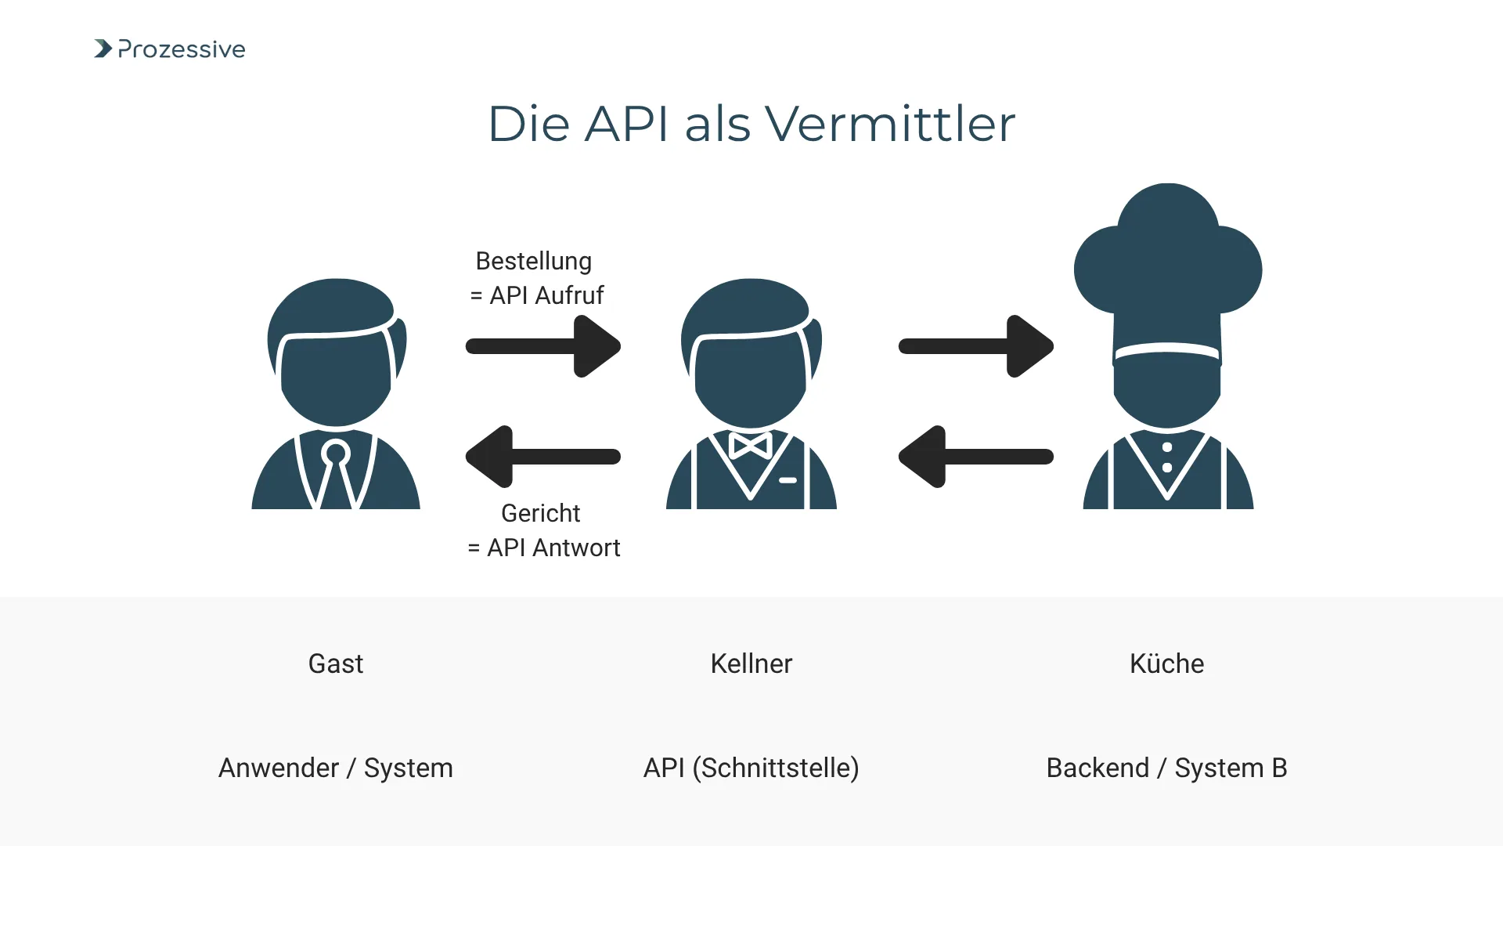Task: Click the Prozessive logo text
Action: pyautogui.click(x=181, y=49)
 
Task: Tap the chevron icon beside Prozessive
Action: pyautogui.click(x=103, y=49)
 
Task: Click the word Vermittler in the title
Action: pyautogui.click(x=889, y=124)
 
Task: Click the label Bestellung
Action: pyautogui.click(x=533, y=261)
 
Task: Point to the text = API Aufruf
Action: pyautogui.click(x=537, y=295)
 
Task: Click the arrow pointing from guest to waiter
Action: pyautogui.click(x=543, y=346)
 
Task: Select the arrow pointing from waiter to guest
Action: pyautogui.click(x=543, y=457)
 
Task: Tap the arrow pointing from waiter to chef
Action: pyautogui.click(x=975, y=346)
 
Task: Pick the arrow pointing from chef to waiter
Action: pyautogui.click(x=975, y=457)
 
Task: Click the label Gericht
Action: pyautogui.click(x=540, y=513)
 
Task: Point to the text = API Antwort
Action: pyautogui.click(x=543, y=548)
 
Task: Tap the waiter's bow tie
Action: pyautogui.click(x=750, y=445)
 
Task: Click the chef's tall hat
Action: pyautogui.click(x=1167, y=266)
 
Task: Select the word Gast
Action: pyautogui.click(x=336, y=663)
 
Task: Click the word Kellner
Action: pyautogui.click(x=751, y=663)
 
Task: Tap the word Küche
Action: pyautogui.click(x=1166, y=663)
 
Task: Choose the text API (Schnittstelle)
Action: pyautogui.click(x=751, y=768)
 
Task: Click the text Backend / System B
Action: pyautogui.click(x=1166, y=768)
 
